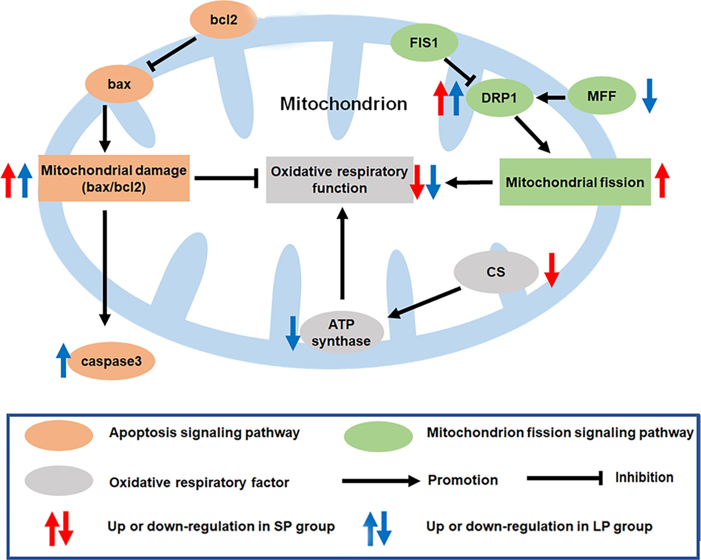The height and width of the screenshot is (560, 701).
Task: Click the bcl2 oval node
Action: click(x=223, y=20)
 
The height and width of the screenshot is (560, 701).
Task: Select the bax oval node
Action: click(x=119, y=84)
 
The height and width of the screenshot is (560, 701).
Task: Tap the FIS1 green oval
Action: click(x=424, y=43)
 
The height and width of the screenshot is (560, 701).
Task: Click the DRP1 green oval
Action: click(x=499, y=98)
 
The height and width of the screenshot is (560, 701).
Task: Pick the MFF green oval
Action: click(x=602, y=96)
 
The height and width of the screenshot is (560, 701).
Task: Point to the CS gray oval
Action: click(x=496, y=272)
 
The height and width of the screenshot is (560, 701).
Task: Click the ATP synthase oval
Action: click(x=342, y=332)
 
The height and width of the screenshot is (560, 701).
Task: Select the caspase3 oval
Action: click(x=111, y=361)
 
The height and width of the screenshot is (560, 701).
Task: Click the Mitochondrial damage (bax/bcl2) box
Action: click(x=114, y=178)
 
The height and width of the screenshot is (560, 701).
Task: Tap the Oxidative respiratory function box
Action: click(x=339, y=180)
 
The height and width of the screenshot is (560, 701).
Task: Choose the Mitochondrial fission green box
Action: click(x=575, y=182)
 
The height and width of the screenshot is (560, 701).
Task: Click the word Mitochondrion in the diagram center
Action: click(x=344, y=104)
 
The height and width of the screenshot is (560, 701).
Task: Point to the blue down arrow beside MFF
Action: click(x=649, y=96)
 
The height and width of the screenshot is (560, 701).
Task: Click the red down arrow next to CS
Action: click(x=551, y=270)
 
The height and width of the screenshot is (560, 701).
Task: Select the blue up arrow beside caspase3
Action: click(x=63, y=360)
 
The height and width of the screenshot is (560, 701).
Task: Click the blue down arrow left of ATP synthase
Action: click(x=293, y=333)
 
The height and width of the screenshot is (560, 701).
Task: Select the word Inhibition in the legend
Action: click(x=644, y=477)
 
